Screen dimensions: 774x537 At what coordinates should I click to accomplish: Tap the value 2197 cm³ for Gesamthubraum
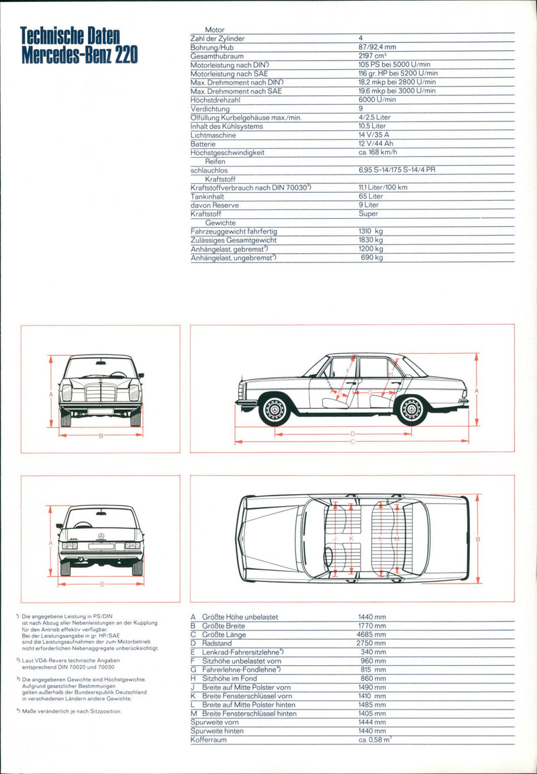point(373,56)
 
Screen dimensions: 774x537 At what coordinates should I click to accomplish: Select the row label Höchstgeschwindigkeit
point(225,152)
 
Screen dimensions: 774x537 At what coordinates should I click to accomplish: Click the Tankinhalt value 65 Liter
point(371,196)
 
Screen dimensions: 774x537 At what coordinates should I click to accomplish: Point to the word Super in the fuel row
point(369,213)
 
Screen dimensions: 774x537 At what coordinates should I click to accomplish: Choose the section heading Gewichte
point(221,222)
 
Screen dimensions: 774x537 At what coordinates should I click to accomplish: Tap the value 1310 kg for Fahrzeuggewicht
point(371,231)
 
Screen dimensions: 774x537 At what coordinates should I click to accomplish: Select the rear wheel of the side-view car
point(411,409)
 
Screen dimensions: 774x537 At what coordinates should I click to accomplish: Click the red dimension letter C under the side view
point(352,441)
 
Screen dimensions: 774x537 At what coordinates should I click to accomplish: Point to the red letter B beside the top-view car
point(478,539)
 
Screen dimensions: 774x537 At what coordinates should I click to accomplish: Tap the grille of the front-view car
point(101,393)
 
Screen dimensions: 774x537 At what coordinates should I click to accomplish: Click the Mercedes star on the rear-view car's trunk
point(100,536)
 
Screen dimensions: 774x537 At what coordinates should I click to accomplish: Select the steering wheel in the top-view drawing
point(328,557)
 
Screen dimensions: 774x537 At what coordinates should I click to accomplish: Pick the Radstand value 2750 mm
point(372,643)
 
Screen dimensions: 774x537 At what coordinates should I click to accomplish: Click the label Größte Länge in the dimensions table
point(224,634)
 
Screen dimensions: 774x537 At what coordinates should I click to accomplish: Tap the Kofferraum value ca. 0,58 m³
point(375,739)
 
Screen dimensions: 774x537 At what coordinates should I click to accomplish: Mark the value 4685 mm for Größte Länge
point(372,634)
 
